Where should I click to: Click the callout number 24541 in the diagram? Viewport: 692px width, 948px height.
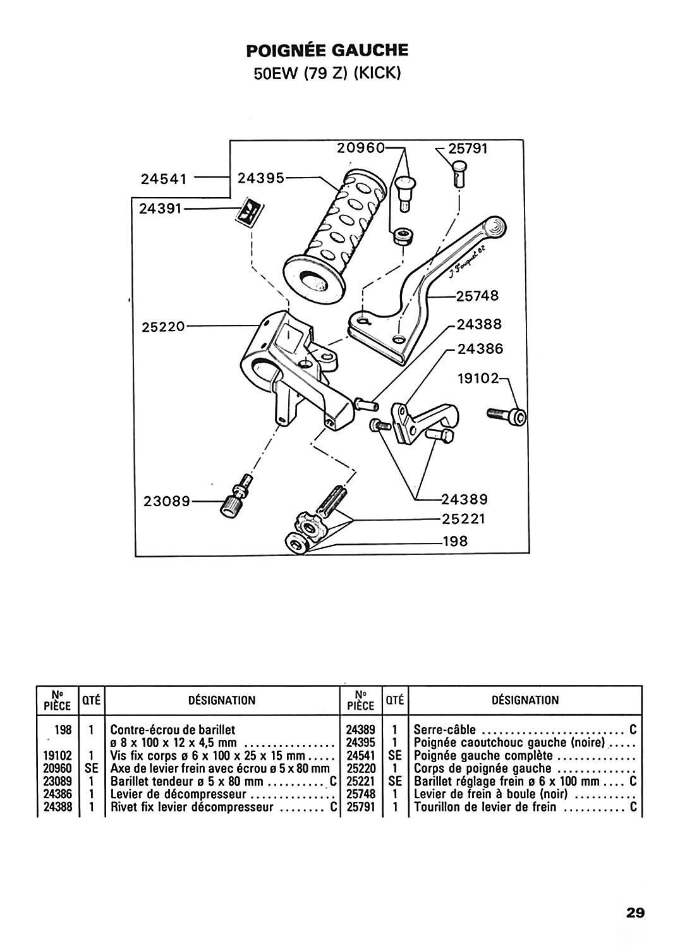(164, 179)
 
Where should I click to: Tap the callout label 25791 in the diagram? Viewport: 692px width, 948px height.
(468, 149)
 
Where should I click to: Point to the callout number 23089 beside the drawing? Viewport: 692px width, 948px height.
(167, 502)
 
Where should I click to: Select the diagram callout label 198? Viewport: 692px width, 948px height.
(455, 541)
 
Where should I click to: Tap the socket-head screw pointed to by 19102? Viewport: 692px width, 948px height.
(507, 415)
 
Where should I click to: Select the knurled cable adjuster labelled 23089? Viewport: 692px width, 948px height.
(236, 496)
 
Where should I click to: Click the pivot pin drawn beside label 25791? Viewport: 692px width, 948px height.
(459, 173)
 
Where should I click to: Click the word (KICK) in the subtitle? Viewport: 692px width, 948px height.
(376, 74)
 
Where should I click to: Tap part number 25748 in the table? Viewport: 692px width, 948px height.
(361, 794)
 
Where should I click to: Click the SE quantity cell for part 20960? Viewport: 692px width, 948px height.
(92, 768)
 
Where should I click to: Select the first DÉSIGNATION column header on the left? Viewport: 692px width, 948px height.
(222, 700)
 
